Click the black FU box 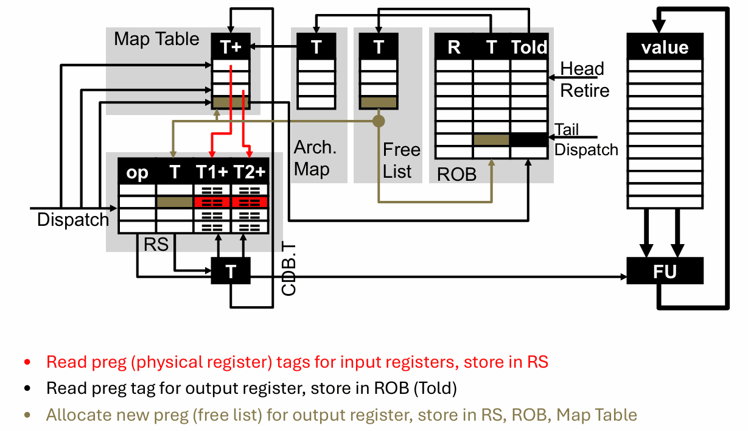[665, 271]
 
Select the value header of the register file [665, 47]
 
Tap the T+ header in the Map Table [231, 47]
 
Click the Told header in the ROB [529, 47]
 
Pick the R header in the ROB [454, 47]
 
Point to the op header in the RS [138, 172]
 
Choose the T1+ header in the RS [212, 172]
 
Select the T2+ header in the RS [250, 172]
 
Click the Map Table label [156, 39]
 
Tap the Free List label [400, 160]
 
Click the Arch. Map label [314, 158]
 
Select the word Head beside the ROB [582, 69]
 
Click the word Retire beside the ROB [584, 91]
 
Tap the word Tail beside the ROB [567, 130]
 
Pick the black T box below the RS [231, 272]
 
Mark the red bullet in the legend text [27, 362]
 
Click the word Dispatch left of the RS [72, 220]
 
